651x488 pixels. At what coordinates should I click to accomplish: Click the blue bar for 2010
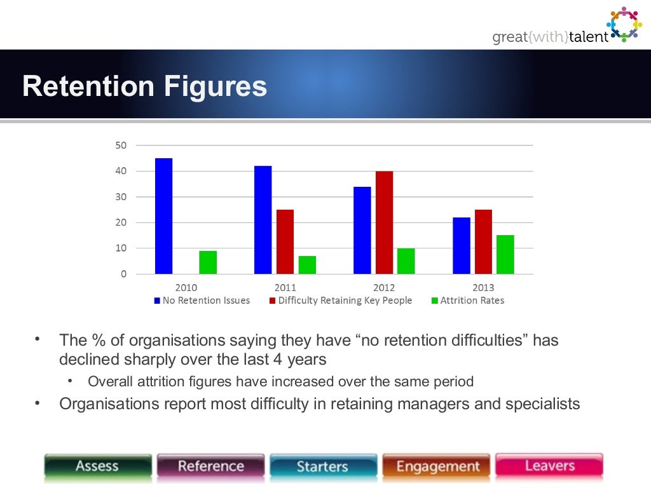163,216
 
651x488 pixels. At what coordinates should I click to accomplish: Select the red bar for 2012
384,222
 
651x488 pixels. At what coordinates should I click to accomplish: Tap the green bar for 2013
505,254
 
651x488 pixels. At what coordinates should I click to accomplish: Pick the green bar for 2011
307,264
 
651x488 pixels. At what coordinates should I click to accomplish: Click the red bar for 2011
285,241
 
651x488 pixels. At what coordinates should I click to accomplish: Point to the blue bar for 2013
462,245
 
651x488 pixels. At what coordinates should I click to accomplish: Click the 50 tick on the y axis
121,146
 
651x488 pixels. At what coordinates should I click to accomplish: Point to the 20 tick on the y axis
121,222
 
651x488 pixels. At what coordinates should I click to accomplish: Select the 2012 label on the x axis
384,288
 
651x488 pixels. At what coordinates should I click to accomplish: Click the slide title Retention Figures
144,86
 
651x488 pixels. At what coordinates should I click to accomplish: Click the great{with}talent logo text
550,37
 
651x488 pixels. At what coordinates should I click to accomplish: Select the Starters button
322,467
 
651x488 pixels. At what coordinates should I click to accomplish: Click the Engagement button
437,467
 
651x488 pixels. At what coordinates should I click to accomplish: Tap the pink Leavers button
549,466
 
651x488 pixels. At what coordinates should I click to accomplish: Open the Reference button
210,466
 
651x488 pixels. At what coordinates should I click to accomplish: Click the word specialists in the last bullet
542,403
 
